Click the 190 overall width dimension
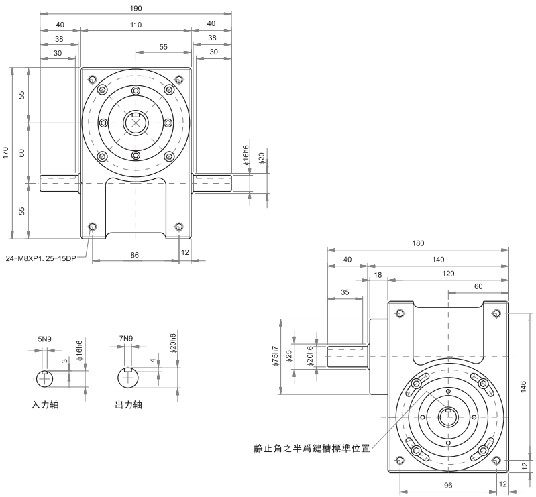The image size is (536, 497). [136, 8]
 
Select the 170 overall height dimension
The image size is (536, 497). [6, 153]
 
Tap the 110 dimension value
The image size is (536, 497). [136, 25]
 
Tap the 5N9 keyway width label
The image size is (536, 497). [45, 339]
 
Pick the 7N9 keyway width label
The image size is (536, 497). [126, 339]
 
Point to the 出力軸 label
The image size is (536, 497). [129, 406]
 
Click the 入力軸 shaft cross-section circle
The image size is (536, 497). [45, 378]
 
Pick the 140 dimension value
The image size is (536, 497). [438, 259]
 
